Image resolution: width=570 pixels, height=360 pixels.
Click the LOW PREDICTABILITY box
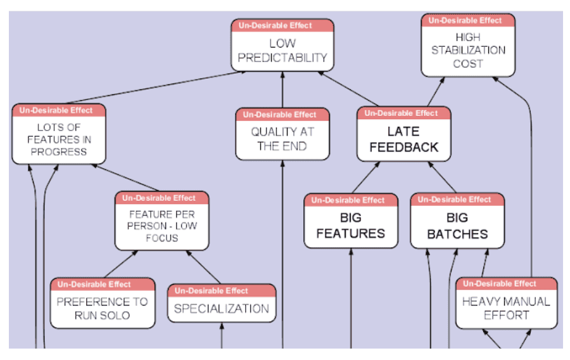(x=282, y=51)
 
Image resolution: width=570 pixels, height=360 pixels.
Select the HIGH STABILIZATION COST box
(x=468, y=50)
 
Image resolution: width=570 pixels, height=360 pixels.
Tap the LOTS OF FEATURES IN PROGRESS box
(x=58, y=139)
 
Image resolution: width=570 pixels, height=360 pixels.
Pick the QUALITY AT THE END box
(x=282, y=139)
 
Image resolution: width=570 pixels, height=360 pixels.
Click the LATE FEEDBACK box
(x=403, y=139)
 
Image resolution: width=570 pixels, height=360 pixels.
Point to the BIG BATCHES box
(x=457, y=226)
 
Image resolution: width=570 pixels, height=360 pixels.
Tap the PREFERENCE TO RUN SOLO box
(x=103, y=308)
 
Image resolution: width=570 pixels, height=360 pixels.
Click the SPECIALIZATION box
(x=222, y=309)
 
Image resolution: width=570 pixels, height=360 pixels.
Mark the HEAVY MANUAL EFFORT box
(x=506, y=308)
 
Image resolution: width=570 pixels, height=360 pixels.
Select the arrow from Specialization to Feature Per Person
(x=203, y=267)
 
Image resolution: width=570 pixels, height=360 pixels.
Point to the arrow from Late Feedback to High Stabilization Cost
(x=435, y=92)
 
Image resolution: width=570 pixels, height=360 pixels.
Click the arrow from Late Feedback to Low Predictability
(x=349, y=89)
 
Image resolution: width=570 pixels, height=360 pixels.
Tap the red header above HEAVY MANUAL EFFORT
(x=506, y=283)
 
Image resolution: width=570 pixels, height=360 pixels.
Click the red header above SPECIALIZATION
(x=222, y=290)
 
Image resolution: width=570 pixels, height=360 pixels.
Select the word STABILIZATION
(x=469, y=50)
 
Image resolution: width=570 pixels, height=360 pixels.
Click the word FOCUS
(x=161, y=238)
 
